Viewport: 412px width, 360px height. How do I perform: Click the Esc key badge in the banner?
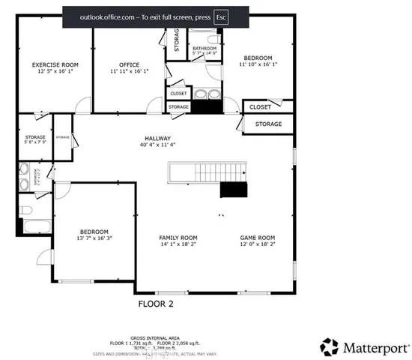220,16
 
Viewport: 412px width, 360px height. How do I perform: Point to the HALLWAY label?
158,139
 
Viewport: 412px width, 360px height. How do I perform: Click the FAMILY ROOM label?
178,238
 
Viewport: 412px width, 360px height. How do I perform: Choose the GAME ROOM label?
257,238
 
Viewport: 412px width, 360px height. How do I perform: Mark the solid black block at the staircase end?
233,188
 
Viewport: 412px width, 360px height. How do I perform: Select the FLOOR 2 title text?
156,304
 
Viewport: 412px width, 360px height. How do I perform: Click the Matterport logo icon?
329,346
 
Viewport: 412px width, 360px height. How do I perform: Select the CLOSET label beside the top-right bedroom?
260,107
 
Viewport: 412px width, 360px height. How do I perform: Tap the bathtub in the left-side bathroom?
35,226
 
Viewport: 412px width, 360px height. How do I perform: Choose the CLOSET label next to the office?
178,94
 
